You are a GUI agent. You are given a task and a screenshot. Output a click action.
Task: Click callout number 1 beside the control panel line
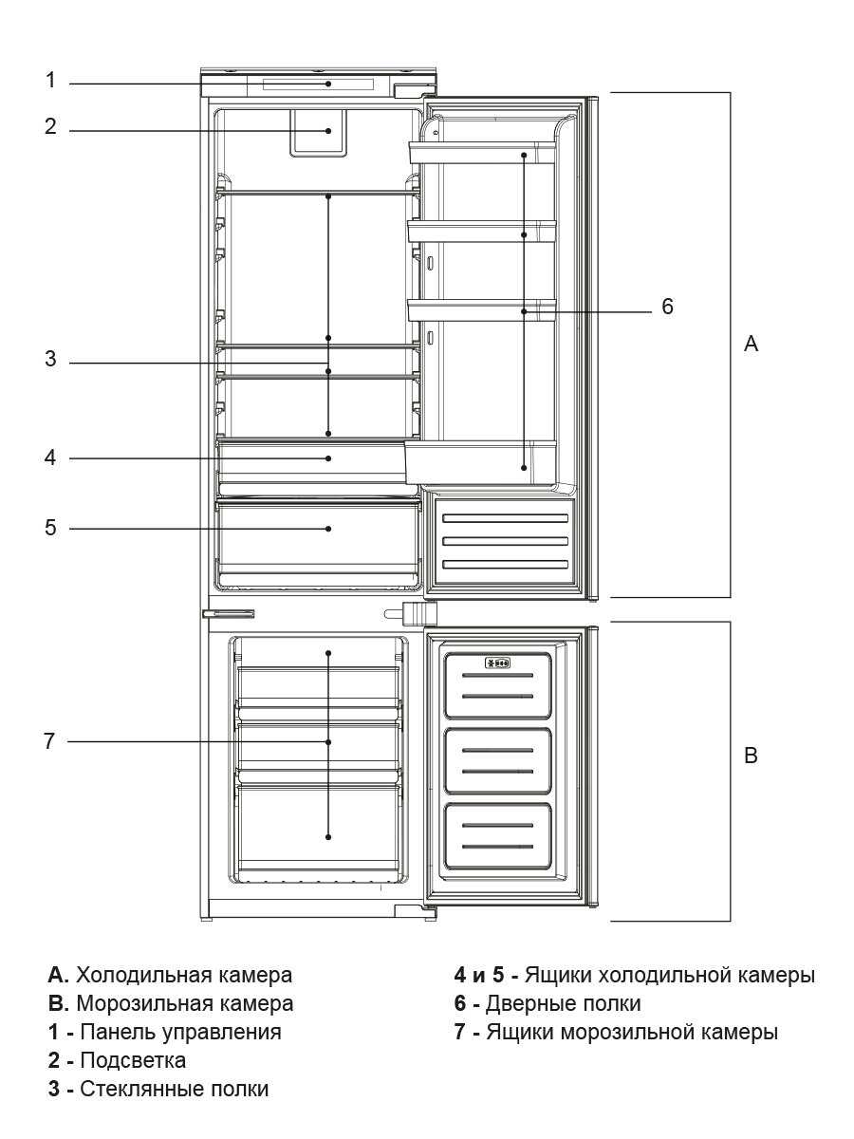pyautogui.click(x=51, y=81)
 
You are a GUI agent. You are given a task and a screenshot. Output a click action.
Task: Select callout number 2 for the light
pyautogui.click(x=51, y=126)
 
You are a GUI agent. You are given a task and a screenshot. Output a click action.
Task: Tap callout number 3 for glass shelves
pyautogui.click(x=51, y=360)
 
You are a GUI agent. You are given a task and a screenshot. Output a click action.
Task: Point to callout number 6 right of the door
pyautogui.click(x=668, y=308)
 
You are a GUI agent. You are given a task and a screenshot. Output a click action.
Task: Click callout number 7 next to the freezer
pyautogui.click(x=51, y=741)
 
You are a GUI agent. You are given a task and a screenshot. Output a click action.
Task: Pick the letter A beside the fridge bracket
pyautogui.click(x=751, y=344)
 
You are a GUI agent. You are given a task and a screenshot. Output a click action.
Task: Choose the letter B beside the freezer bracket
pyautogui.click(x=751, y=756)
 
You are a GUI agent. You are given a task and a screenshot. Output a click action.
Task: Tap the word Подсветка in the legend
pyautogui.click(x=133, y=1060)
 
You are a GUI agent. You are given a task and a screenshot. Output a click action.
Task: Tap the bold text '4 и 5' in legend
pyautogui.click(x=480, y=975)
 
